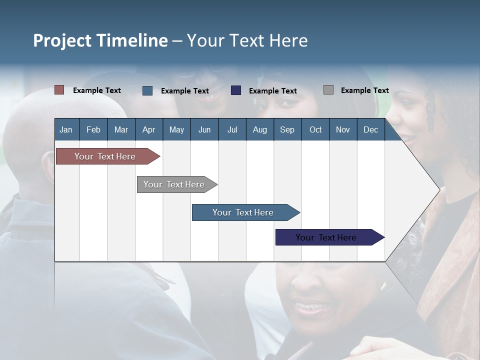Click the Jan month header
pos(66,129)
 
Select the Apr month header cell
pos(149,129)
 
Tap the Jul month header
pos(232,129)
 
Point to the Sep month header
pos(287,129)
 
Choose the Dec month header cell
pos(370,129)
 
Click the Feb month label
pos(93,129)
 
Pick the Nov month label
pos(343,129)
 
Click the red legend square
pos(59,90)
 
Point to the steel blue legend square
pos(147,90)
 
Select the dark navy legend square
pos(236,90)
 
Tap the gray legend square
pos(328,90)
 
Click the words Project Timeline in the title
pos(100,40)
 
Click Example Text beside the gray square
pos(364,90)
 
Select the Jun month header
pos(204,129)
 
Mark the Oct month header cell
pos(315,129)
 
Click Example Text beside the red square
pos(97,90)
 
